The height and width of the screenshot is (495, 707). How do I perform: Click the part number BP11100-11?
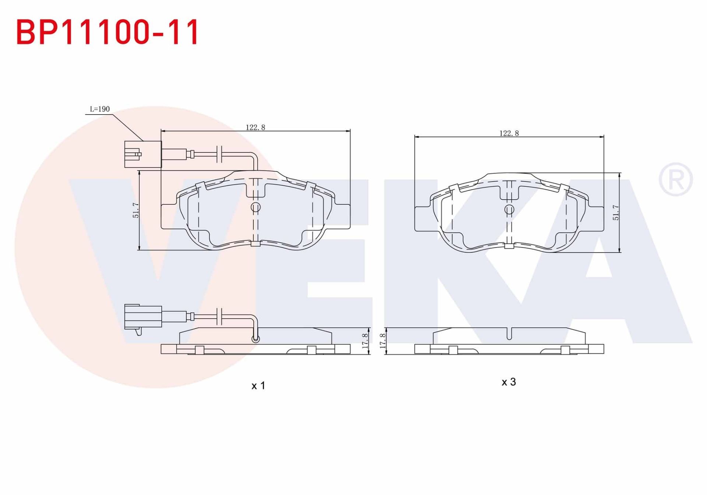[x=108, y=32]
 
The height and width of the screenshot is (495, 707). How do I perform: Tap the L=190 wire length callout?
[x=100, y=109]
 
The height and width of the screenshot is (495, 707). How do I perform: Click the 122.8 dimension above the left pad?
[x=255, y=127]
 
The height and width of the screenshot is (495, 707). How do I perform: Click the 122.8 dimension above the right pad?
[x=509, y=133]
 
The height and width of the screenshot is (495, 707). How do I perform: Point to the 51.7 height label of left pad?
[x=136, y=210]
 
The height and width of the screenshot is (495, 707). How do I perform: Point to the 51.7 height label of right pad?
[x=616, y=213]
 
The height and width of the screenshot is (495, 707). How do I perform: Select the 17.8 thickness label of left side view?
[x=365, y=341]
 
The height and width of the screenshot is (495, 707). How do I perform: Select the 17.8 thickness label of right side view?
[x=383, y=341]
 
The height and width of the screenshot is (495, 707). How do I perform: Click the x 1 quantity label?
[x=258, y=386]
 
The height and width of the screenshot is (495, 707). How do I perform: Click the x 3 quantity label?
[x=509, y=382]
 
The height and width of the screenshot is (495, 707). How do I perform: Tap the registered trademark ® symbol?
[x=675, y=179]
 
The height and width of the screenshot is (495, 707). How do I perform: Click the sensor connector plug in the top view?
[x=143, y=154]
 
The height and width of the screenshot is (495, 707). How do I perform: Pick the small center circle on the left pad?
[x=256, y=207]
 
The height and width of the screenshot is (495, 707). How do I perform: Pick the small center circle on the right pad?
[x=509, y=210]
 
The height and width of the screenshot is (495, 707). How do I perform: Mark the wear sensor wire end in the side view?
[x=255, y=338]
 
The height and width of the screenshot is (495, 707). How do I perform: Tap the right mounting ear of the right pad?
[x=596, y=219]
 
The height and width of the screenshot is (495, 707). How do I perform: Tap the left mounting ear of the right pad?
[x=423, y=219]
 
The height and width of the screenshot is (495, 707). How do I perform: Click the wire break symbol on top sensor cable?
[x=219, y=154]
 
